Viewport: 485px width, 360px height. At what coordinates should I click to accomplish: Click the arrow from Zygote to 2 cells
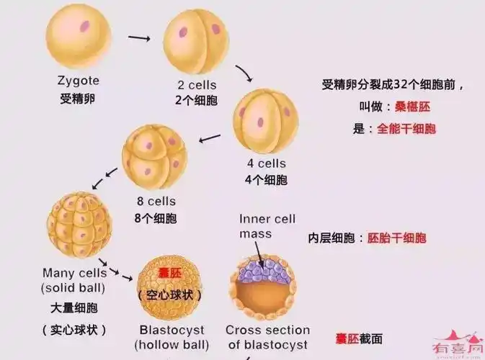(139, 37)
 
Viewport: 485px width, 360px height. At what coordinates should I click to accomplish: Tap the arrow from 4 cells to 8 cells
(210, 137)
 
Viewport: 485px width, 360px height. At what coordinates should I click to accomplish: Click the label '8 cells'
(156, 202)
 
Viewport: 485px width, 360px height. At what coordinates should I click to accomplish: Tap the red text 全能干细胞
(406, 130)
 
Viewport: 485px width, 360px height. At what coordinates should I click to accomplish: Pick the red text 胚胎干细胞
(396, 238)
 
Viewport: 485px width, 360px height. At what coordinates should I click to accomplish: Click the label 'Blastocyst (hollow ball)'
(174, 337)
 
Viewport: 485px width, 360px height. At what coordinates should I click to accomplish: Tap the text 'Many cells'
(74, 273)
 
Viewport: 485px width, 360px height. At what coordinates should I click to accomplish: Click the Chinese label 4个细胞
(266, 179)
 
